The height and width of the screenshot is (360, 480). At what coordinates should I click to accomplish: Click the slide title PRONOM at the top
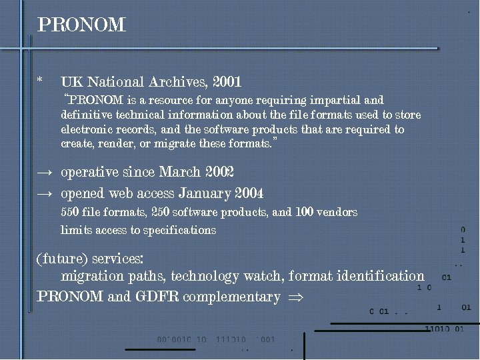81,25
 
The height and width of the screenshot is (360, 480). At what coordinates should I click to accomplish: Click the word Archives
181,83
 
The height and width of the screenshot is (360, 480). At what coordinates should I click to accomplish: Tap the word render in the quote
110,144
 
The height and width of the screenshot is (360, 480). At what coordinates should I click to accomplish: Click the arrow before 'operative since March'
45,173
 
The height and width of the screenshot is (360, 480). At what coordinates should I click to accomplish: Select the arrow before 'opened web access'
45,194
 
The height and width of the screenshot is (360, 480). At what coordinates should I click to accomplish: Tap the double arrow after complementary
293,297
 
